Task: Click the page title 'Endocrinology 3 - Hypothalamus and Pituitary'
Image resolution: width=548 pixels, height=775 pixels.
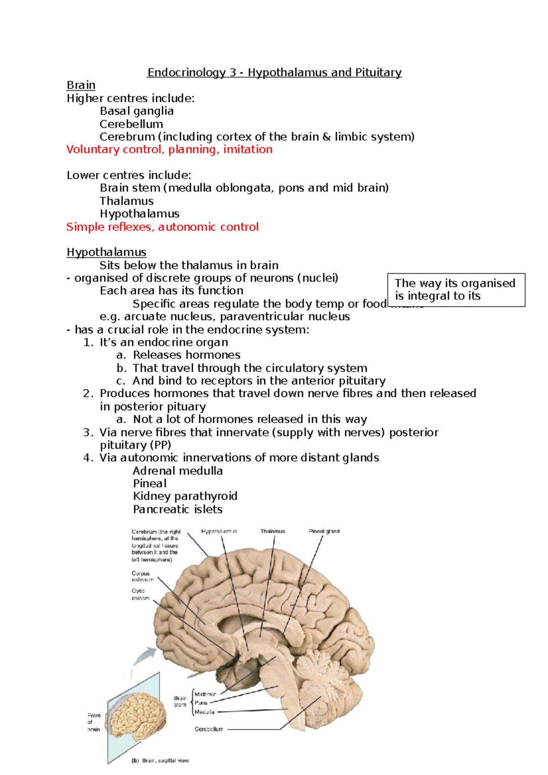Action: (274, 73)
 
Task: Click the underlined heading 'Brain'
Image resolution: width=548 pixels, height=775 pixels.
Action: (81, 85)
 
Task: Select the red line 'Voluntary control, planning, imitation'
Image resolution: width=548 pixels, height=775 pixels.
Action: (169, 150)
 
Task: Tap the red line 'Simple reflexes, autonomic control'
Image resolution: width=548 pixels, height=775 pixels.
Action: (162, 227)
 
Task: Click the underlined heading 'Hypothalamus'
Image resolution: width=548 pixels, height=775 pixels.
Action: (106, 252)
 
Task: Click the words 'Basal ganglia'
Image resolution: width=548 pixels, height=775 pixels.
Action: (137, 111)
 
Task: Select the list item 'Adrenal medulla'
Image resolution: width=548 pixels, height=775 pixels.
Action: (178, 471)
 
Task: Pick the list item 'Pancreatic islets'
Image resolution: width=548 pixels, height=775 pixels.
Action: (178, 509)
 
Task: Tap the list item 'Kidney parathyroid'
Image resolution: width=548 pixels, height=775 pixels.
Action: (185, 496)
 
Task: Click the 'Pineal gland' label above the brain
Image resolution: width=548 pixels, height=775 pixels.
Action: (324, 531)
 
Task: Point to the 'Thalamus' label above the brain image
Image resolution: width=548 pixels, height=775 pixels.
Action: (273, 531)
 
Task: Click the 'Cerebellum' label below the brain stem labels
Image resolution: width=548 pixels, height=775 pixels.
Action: (209, 729)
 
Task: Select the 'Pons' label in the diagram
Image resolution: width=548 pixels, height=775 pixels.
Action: (201, 703)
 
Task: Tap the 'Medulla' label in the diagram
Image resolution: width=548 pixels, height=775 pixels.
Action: (204, 712)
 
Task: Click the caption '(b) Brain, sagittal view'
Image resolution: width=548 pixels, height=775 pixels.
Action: (160, 761)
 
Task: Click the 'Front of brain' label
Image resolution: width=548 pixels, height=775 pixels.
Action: (94, 722)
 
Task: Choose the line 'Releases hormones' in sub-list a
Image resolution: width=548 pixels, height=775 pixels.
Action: (186, 355)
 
